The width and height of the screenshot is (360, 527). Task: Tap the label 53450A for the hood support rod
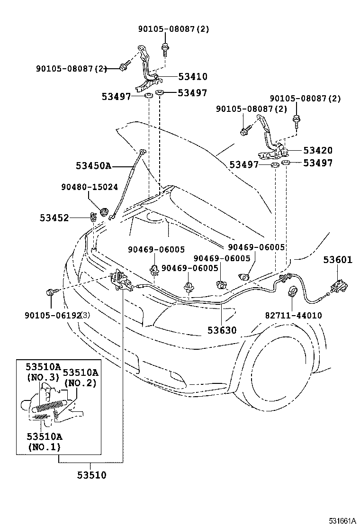tap(93, 165)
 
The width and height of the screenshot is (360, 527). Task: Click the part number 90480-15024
tap(89, 187)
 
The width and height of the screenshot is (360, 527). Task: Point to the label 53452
tap(54, 218)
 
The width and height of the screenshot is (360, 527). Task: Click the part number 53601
tap(338, 260)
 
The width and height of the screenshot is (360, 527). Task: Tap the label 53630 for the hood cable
tap(221, 330)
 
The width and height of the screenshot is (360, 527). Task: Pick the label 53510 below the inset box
tap(92, 475)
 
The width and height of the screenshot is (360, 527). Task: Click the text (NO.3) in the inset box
tap(42, 377)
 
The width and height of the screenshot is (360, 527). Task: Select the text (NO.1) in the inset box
tap(44, 447)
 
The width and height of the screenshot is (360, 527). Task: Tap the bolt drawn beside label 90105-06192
tap(51, 293)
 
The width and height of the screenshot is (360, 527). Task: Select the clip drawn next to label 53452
tap(94, 218)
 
